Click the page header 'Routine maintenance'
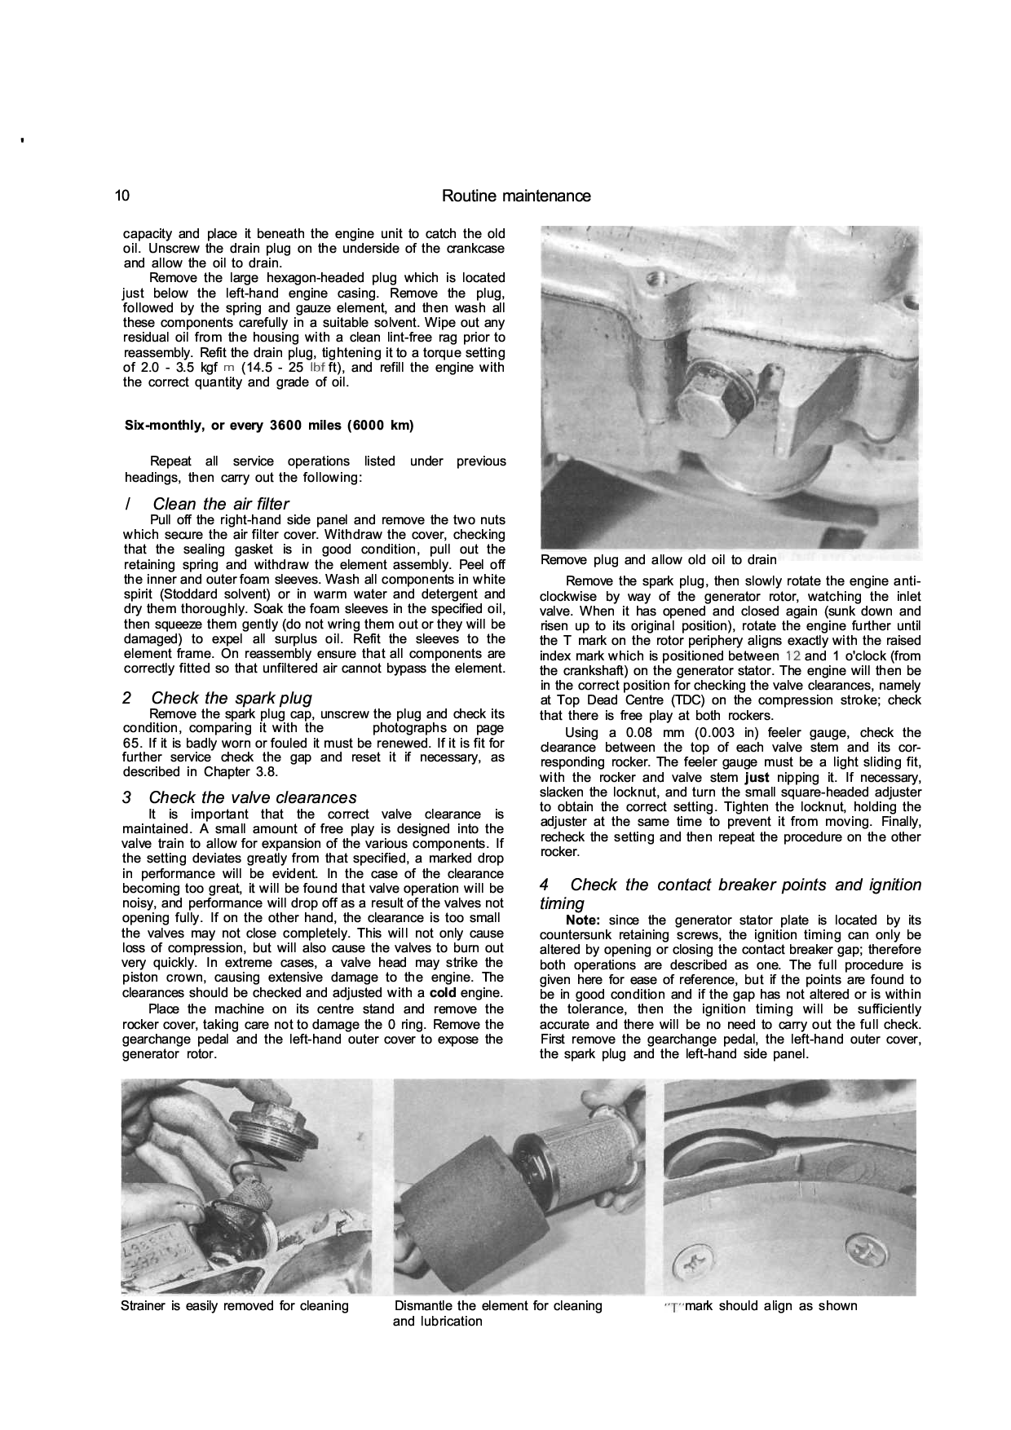[x=515, y=196]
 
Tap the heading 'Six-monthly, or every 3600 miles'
[x=268, y=426]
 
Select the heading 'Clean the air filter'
[x=220, y=504]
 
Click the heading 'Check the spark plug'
[x=231, y=698]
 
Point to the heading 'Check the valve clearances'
[x=253, y=797]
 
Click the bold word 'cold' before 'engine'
[x=444, y=993]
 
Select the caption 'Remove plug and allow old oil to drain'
[x=659, y=560]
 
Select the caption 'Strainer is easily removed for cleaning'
[x=235, y=1306]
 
